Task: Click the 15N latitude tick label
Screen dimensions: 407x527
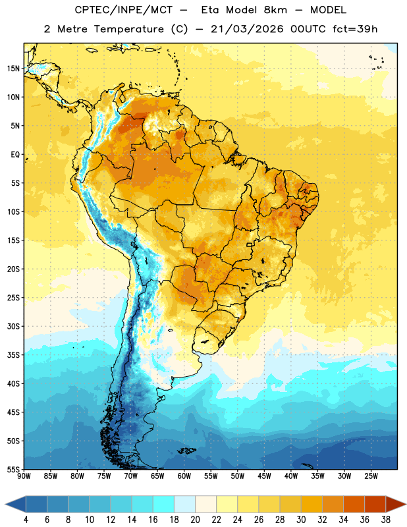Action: tap(13, 69)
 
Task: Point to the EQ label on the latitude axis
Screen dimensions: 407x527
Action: tap(15, 155)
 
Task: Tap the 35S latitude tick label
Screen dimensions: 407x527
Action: tap(13, 355)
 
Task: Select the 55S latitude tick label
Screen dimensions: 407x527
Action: tap(13, 469)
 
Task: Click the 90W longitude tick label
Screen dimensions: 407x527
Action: tap(24, 476)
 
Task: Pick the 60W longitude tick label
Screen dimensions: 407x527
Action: tap(184, 476)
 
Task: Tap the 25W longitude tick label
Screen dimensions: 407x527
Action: tap(371, 476)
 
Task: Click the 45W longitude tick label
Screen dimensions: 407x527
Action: tap(264, 476)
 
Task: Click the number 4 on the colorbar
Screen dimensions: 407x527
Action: tap(26, 520)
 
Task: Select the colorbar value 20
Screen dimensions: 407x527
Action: tap(195, 520)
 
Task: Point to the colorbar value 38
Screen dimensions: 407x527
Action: tap(386, 520)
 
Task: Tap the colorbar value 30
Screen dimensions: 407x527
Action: tap(301, 520)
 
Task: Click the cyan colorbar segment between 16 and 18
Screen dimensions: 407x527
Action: tap(163, 505)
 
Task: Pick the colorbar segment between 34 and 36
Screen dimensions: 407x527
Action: tap(354, 505)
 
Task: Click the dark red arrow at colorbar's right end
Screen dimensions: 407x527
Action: tap(396, 505)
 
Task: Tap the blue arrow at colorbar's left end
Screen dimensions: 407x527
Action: tap(15, 505)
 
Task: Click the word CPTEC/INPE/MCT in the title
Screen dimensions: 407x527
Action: tap(124, 10)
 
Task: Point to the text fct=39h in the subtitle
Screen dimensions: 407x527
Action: tap(355, 29)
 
